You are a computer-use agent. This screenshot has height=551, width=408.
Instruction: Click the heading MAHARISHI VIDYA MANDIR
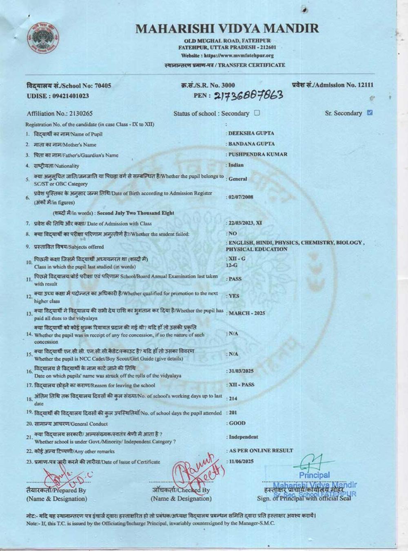click(x=227, y=29)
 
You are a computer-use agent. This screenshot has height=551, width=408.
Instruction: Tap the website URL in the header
click(x=227, y=56)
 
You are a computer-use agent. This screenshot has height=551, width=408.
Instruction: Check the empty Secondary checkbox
click(x=257, y=113)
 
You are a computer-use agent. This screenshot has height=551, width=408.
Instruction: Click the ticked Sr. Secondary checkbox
click(x=370, y=113)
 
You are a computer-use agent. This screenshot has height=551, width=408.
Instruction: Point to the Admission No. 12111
click(x=333, y=85)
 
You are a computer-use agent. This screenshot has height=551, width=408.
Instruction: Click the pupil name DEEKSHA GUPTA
click(x=251, y=133)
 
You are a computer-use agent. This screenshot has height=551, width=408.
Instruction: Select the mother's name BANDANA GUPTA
click(x=251, y=144)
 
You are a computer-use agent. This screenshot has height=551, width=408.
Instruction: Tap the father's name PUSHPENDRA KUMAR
click(x=257, y=154)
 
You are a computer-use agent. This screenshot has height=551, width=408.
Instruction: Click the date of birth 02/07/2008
click(x=241, y=197)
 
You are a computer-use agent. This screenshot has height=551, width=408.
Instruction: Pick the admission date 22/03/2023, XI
click(x=245, y=223)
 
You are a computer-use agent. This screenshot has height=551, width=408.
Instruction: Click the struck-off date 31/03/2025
click(x=241, y=371)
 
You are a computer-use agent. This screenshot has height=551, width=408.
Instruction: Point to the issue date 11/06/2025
click(x=241, y=461)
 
